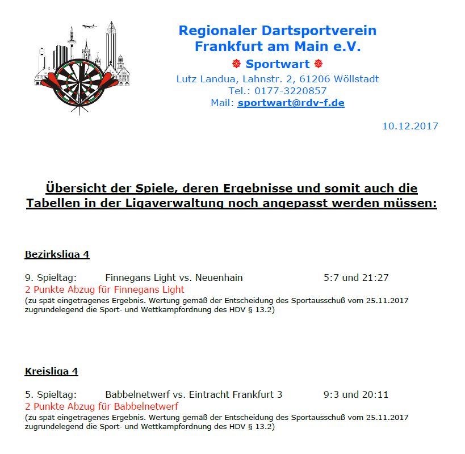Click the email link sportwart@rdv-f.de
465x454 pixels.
(x=291, y=103)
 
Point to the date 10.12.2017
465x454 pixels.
(x=410, y=126)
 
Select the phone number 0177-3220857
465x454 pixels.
(x=290, y=91)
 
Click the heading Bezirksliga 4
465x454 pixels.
(x=57, y=254)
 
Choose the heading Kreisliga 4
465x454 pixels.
(x=51, y=371)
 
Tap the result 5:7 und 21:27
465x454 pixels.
(x=356, y=278)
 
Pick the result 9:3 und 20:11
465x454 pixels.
(x=356, y=394)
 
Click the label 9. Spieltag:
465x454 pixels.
(x=51, y=278)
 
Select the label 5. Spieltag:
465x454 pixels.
(x=51, y=394)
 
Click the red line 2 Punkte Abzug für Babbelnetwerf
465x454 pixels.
(x=102, y=406)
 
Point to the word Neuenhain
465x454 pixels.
(x=219, y=278)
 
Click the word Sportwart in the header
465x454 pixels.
(x=278, y=64)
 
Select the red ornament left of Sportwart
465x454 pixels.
(x=237, y=64)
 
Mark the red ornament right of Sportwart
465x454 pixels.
(x=318, y=64)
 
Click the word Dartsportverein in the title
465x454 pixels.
(x=319, y=30)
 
